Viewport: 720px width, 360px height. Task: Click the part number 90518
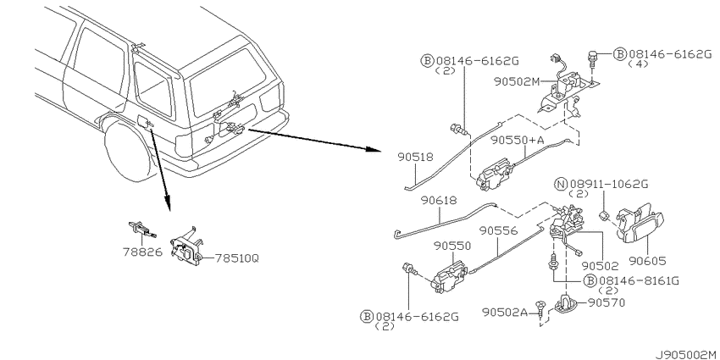[416, 158]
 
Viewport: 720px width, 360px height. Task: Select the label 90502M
[518, 81]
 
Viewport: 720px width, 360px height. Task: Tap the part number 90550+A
[517, 140]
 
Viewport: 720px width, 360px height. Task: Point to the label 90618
[439, 200]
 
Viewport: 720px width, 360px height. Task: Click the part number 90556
[498, 230]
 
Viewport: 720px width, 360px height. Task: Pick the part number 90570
[606, 302]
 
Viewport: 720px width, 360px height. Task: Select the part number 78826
[142, 252]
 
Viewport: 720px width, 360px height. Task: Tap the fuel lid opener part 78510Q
[186, 248]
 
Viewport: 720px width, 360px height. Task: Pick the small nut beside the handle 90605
[605, 214]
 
